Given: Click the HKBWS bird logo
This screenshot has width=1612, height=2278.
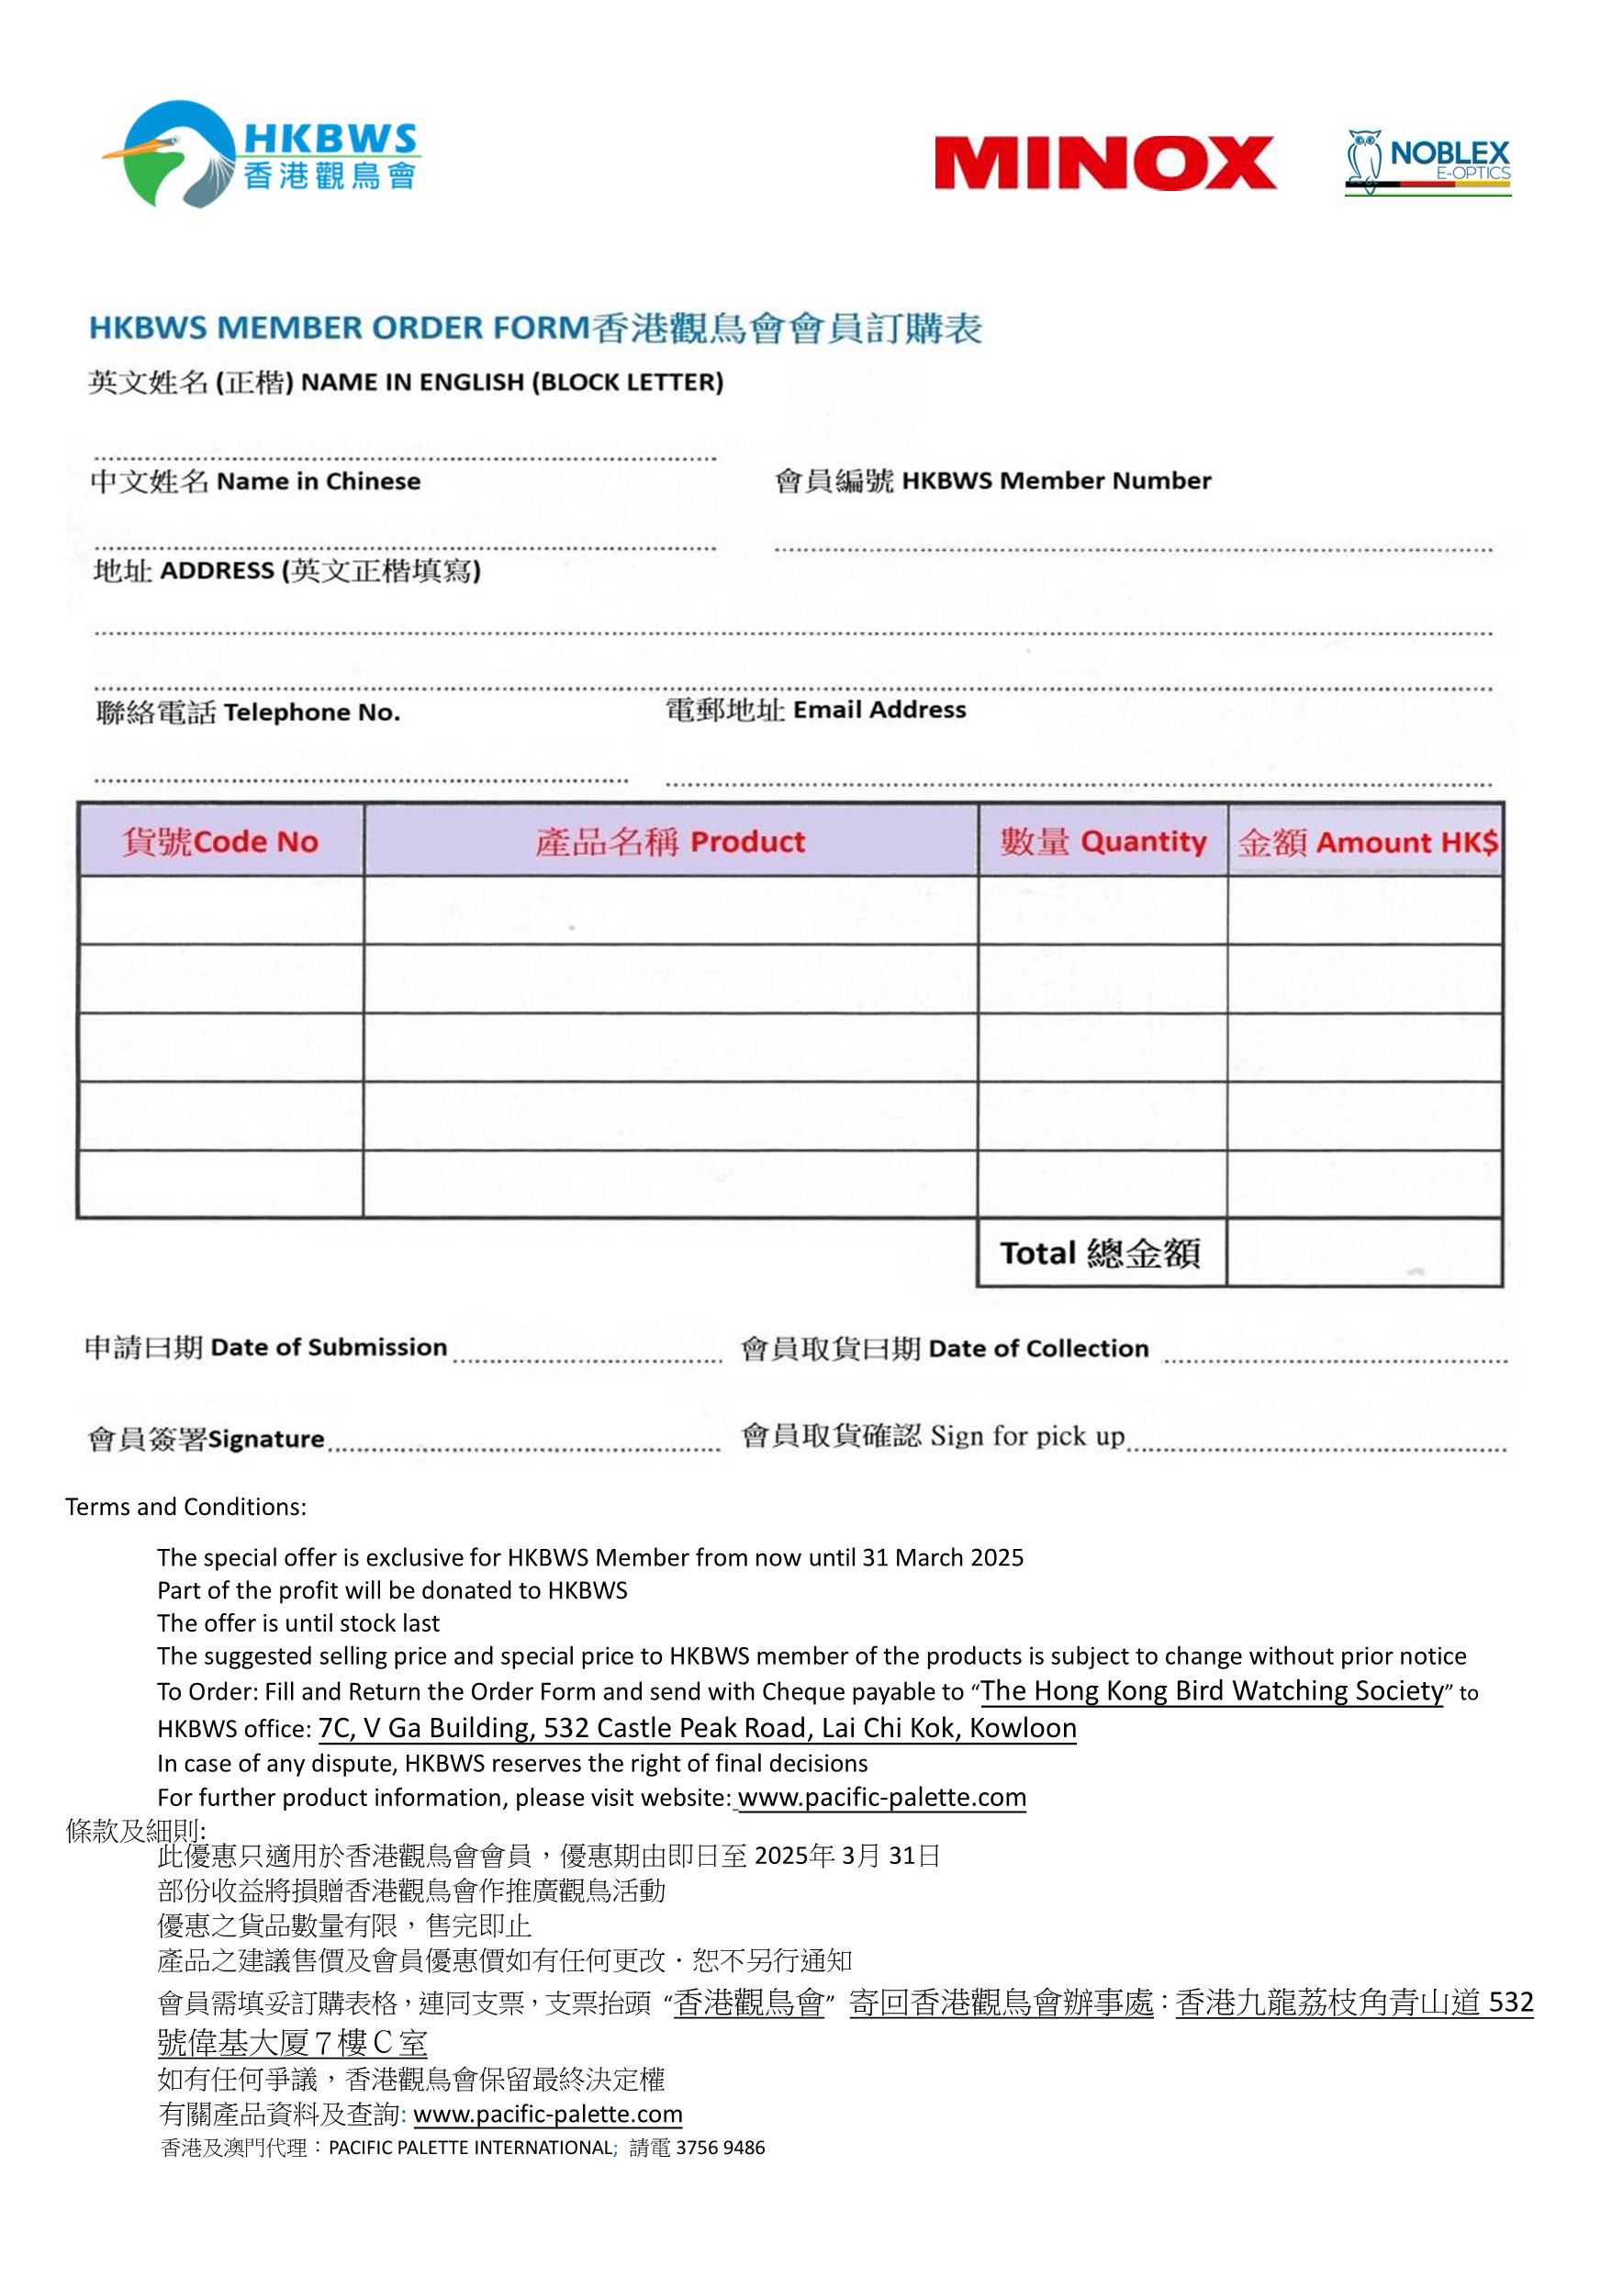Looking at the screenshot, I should tap(260, 155).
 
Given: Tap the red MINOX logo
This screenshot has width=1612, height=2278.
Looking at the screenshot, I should tap(1103, 163).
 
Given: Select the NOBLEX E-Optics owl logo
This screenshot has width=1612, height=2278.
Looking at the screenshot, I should tap(1427, 162).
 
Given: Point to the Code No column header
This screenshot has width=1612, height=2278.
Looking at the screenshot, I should tap(220, 842).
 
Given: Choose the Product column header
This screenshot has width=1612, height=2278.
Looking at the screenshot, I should tap(670, 842).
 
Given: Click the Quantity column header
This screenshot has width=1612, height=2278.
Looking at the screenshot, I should tap(1103, 842).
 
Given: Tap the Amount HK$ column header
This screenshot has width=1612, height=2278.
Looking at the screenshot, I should tap(1366, 843).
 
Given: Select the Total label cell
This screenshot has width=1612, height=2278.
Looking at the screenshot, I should tap(1100, 1252).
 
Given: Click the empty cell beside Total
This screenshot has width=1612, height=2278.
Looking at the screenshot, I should tap(1364, 1252).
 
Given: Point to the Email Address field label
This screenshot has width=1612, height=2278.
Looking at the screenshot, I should tap(815, 710).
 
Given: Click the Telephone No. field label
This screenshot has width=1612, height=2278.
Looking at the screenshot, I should tap(248, 713).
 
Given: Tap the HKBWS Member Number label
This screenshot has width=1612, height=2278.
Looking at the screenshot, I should tap(992, 481).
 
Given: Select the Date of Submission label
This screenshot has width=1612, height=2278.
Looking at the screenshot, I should tap(266, 1347).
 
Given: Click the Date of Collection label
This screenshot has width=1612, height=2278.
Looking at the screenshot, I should tap(944, 1348).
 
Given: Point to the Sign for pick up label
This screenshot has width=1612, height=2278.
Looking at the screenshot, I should tap(932, 1436).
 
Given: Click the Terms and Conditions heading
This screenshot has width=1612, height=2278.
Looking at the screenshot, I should tap(185, 1507).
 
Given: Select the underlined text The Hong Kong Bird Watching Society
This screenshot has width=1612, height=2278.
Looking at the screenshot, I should tap(1211, 1691).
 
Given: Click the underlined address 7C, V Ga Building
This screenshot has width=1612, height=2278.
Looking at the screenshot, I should tap(697, 1728).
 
